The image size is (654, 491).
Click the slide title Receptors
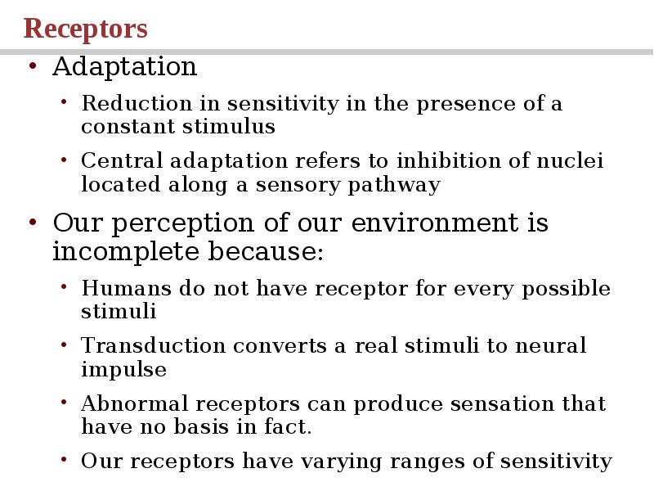86,29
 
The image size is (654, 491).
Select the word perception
178,223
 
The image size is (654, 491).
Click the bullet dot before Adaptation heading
32,67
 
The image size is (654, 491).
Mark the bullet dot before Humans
65,289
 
